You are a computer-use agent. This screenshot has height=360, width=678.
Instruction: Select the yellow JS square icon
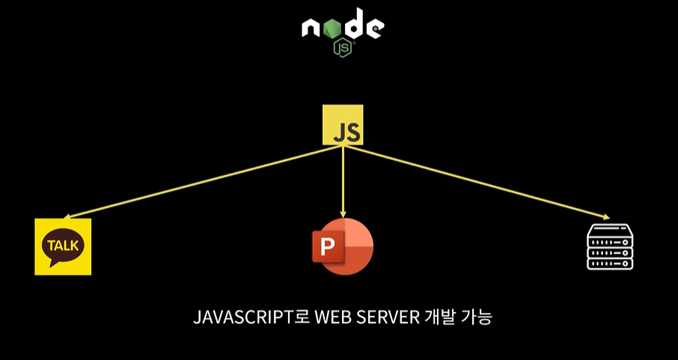[x=343, y=125]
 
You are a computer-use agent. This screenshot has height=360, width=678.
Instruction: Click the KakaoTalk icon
[x=63, y=247]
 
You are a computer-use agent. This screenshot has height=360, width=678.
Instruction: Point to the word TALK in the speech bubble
[x=63, y=245]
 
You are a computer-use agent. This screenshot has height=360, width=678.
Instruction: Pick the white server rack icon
[x=609, y=245]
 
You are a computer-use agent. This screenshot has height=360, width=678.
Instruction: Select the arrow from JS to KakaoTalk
[x=202, y=182]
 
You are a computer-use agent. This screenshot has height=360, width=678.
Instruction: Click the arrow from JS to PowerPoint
[x=343, y=180]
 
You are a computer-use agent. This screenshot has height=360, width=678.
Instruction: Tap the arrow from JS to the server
[x=479, y=183]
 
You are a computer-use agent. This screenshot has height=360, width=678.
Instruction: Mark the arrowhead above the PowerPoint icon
[x=343, y=213]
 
